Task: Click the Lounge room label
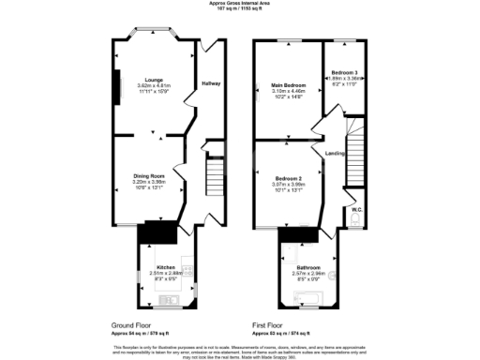tap(144, 80)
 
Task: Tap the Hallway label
tap(212, 83)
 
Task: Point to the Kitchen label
tap(166, 266)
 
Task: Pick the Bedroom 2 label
tap(289, 177)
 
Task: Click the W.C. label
tap(357, 210)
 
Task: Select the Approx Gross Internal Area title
tap(241, 3)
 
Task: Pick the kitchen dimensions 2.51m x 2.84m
tap(166, 272)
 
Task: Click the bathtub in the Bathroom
tap(309, 301)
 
